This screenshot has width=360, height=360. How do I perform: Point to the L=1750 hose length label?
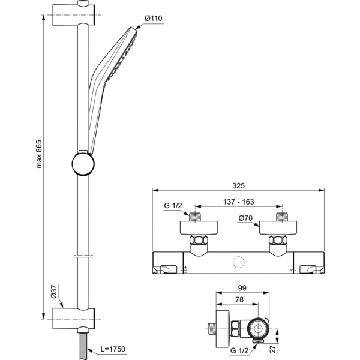[114, 348]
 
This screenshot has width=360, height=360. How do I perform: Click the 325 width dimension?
[238, 185]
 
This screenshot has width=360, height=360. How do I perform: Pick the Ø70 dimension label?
[244, 219]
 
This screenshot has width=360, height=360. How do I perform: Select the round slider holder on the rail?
[82, 163]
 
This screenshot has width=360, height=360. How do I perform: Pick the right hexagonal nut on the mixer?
[278, 241]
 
